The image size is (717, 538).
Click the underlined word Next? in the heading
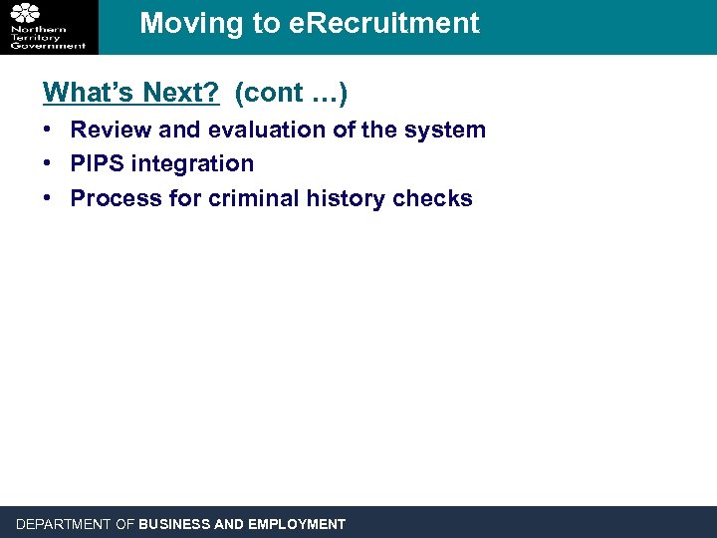(180, 93)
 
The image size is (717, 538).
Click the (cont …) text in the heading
(291, 93)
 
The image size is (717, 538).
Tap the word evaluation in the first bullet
(265, 130)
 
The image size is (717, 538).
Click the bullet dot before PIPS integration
(49, 163)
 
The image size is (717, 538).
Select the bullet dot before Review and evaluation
(49, 130)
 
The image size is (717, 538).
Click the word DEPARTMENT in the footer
(64, 524)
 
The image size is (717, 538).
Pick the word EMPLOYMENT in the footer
(297, 524)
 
